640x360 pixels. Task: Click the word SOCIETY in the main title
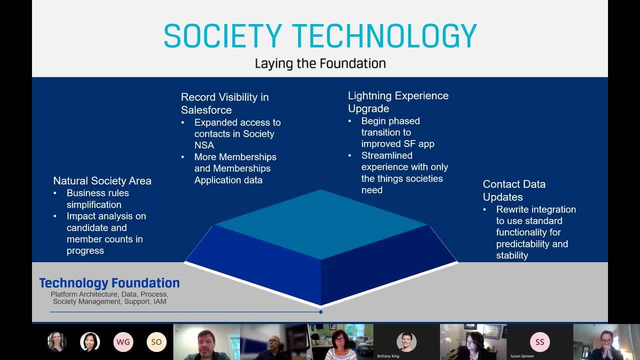[x=223, y=36]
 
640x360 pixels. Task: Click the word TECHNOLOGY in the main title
[x=384, y=36]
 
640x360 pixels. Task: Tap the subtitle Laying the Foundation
[x=320, y=63]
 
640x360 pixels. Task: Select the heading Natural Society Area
[x=102, y=181]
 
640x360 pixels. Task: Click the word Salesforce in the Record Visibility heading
[x=206, y=110]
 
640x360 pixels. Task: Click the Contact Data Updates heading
[x=514, y=190]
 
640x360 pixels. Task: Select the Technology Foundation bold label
[x=109, y=283]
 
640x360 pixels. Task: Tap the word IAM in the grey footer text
[x=159, y=301]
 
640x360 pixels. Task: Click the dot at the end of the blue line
[x=321, y=312]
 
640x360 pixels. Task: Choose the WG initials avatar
[x=123, y=341]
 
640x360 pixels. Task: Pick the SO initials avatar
[x=156, y=341]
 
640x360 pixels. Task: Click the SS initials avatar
[x=539, y=341]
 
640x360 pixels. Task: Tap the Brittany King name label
[x=388, y=356]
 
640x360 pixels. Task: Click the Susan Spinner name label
[x=522, y=356]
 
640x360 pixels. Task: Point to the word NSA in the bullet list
[x=204, y=145]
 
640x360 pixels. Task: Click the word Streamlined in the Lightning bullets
[x=387, y=155]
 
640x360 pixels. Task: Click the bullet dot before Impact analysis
[x=55, y=216]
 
